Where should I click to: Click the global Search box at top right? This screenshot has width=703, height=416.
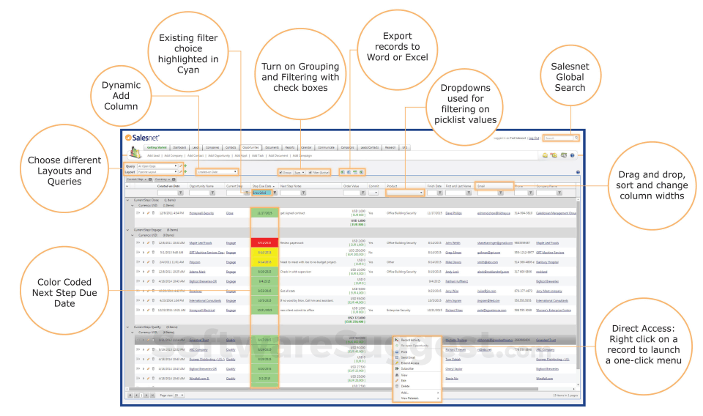click(x=560, y=138)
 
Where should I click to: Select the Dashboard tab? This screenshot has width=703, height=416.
click(x=179, y=147)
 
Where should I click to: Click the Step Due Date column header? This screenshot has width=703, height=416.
click(x=262, y=186)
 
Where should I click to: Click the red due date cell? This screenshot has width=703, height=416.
click(x=264, y=242)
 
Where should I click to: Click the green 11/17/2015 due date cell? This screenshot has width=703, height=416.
click(x=264, y=213)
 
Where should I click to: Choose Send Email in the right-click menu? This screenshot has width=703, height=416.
click(x=409, y=357)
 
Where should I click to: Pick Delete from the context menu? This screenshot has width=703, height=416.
click(x=406, y=386)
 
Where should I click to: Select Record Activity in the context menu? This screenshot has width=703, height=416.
click(x=411, y=340)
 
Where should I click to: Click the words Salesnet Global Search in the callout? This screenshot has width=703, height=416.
click(x=570, y=77)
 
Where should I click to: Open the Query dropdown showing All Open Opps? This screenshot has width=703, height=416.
click(x=158, y=166)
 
